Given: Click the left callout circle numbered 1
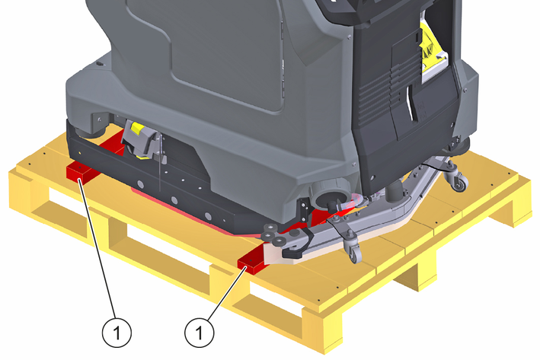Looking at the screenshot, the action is coord(117,333).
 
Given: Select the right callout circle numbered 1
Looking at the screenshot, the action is coord(199,333).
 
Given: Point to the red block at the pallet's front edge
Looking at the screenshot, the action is coord(252,263).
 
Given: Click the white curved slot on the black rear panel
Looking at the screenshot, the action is coord(411,104).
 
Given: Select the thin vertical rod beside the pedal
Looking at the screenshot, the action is coord(160,162).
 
